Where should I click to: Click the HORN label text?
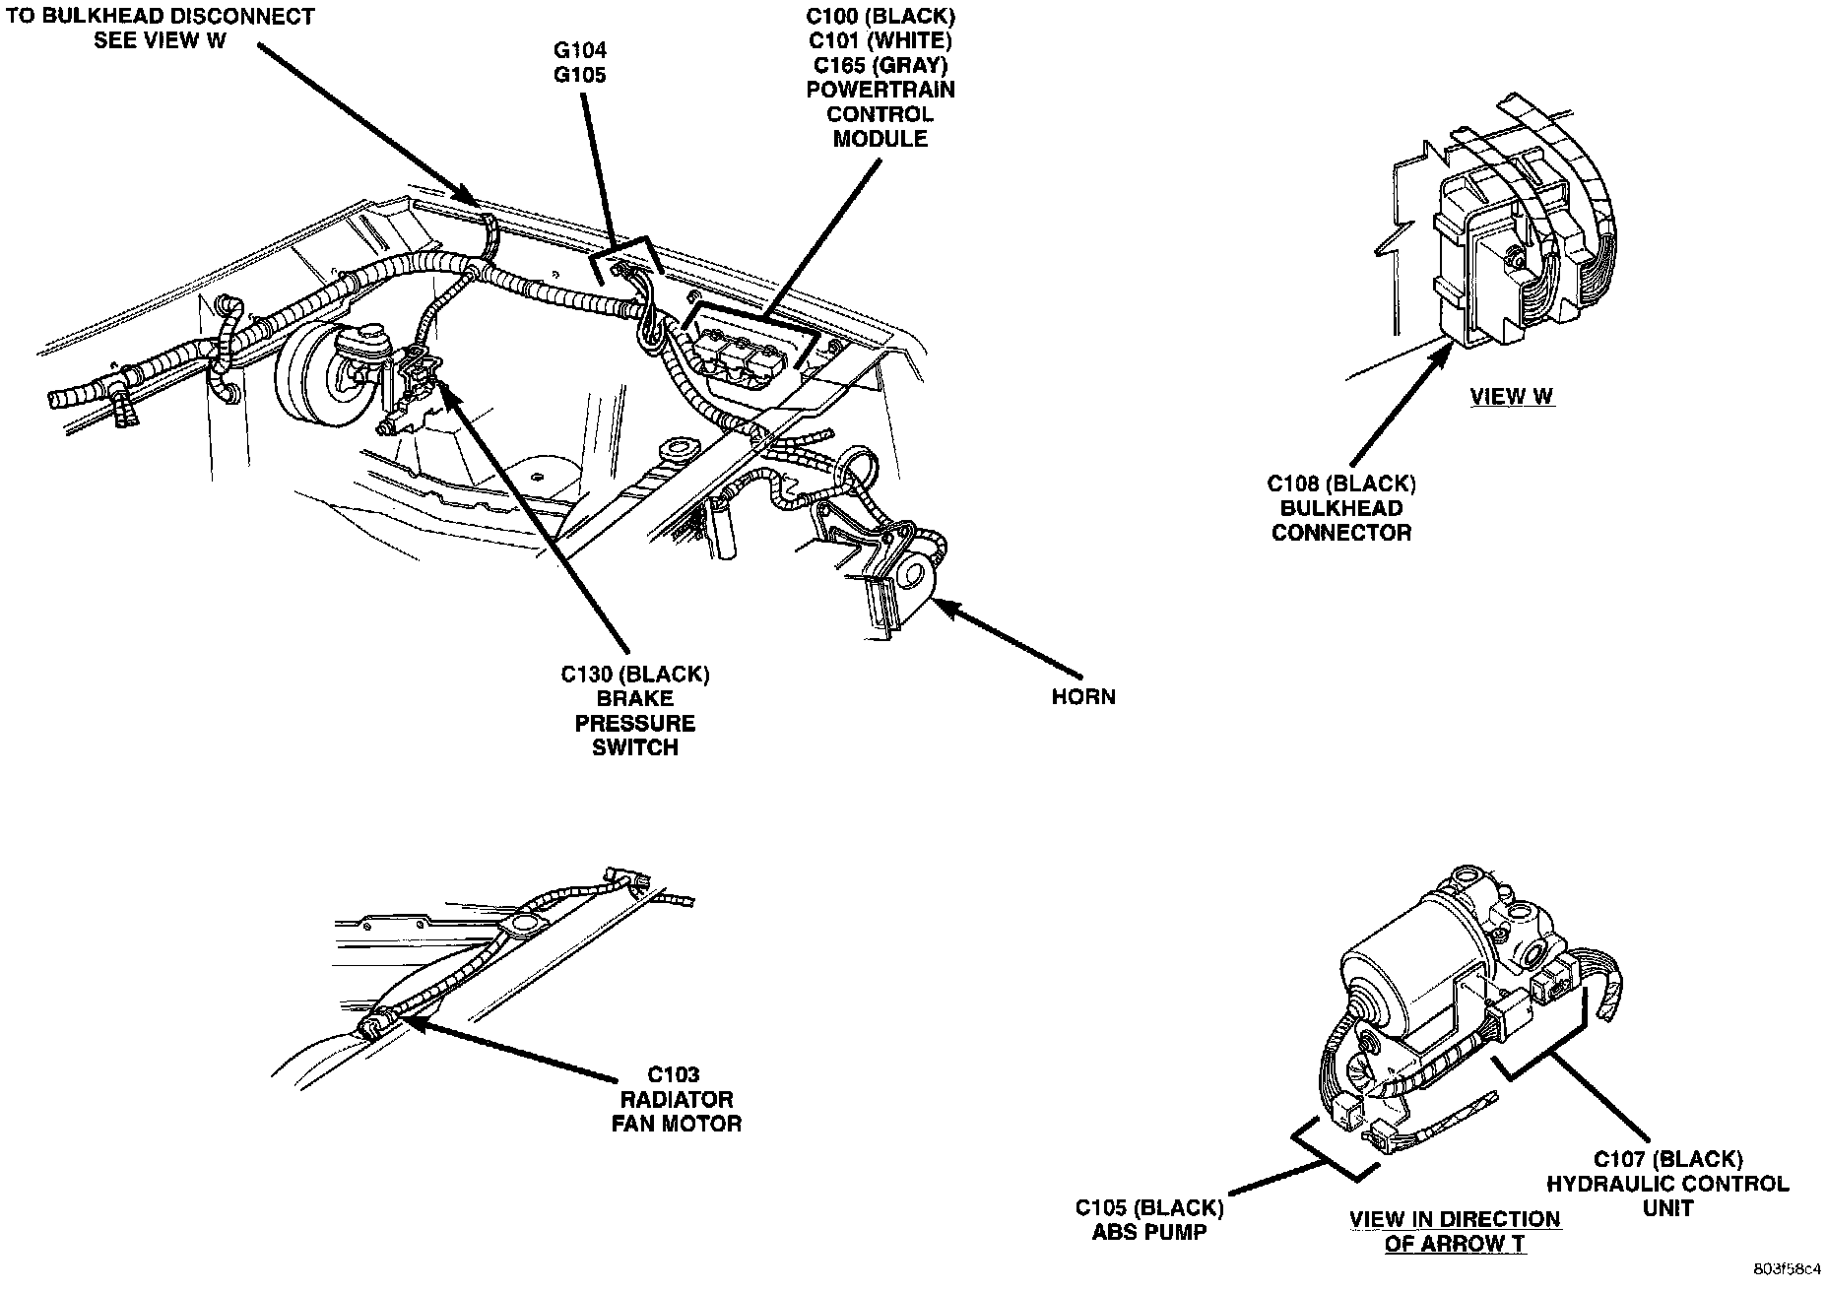click(x=1083, y=697)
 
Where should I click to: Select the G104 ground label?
click(x=579, y=50)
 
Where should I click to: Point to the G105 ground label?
click(x=579, y=75)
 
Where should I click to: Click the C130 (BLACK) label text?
click(x=635, y=675)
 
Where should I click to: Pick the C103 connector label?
click(x=674, y=1074)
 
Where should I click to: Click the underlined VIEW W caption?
click(x=1512, y=397)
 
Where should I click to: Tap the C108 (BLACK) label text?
click(x=1341, y=484)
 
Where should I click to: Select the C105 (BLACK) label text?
click(x=1149, y=1207)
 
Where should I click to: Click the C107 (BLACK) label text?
click(x=1667, y=1159)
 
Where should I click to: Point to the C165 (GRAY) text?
click(x=880, y=65)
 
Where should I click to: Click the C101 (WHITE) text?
click(x=880, y=41)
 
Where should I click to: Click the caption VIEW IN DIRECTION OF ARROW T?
click(x=1455, y=1231)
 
